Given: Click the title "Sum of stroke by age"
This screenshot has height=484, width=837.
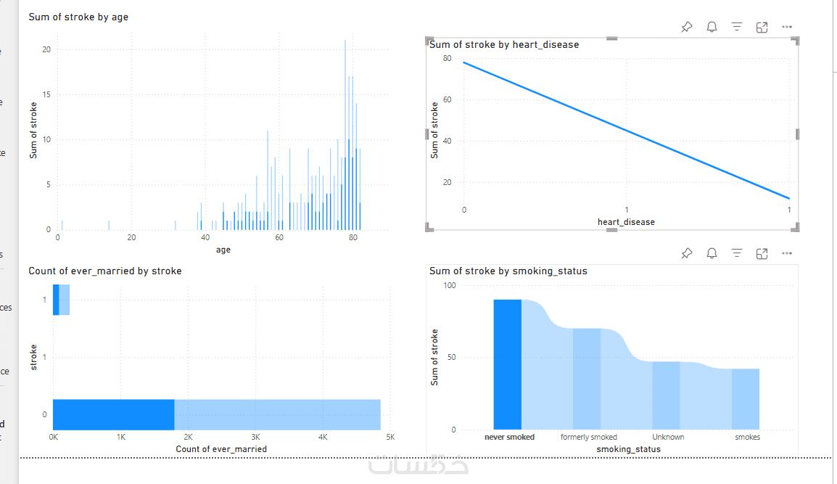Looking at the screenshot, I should tap(78, 17).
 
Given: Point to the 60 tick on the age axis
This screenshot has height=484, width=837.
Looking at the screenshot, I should tap(279, 237).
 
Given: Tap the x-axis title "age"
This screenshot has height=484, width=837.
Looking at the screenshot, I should tap(223, 250).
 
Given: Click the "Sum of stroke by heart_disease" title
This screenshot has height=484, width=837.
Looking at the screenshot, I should tap(504, 45).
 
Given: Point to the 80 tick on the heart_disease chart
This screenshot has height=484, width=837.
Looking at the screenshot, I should tap(447, 59).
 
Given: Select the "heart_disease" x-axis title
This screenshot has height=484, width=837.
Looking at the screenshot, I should tap(626, 222).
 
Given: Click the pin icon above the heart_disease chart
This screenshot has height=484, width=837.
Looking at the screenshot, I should tap(686, 28).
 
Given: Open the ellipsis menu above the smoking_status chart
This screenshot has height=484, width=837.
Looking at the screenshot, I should tap(787, 253).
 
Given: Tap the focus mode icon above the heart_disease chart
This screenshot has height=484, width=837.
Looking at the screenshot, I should tap(762, 28).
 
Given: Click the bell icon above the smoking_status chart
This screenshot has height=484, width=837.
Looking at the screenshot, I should tap(712, 253).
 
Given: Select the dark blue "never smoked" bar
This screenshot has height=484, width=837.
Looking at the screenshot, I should tap(508, 364).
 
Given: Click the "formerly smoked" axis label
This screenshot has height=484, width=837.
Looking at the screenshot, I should tap(589, 438).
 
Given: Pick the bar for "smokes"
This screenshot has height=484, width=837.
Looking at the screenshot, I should tap(745, 399).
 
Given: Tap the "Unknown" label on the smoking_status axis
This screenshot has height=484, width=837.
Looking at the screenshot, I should tap(668, 438).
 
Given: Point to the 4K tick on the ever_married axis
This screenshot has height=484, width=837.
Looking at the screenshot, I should tap(323, 438).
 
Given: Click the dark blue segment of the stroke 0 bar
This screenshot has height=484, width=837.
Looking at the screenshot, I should tap(113, 414).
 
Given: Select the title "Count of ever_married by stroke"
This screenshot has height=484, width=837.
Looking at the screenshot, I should tap(105, 271).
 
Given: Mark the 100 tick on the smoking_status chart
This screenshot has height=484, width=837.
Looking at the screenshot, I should tap(450, 286).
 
